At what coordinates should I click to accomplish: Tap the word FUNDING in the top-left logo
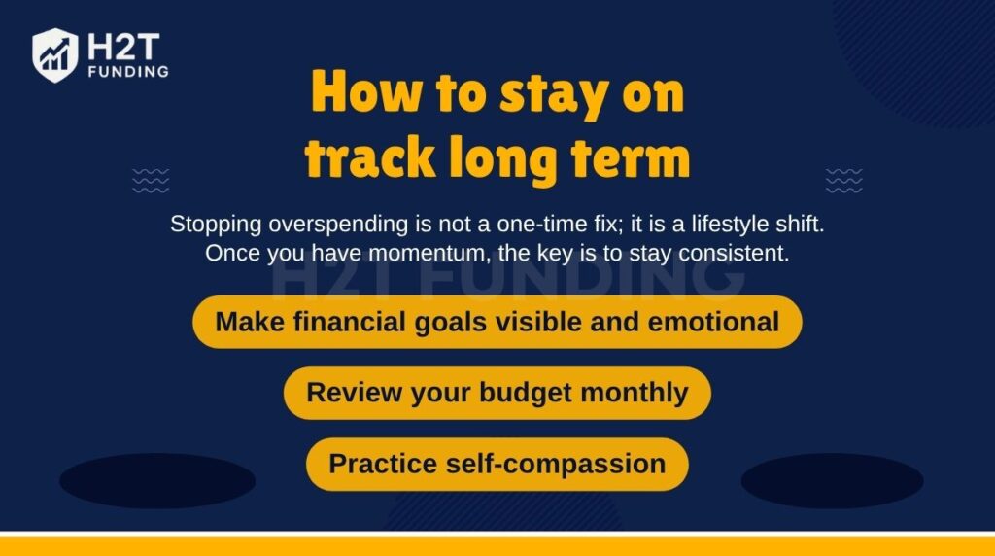coord(127,72)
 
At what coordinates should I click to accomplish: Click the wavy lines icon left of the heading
coord(151,180)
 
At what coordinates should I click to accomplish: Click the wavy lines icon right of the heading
coord(843,180)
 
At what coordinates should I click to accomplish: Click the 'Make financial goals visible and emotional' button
coord(497,322)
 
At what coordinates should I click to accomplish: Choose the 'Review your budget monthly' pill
coord(497,393)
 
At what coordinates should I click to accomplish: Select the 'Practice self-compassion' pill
coord(497,464)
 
